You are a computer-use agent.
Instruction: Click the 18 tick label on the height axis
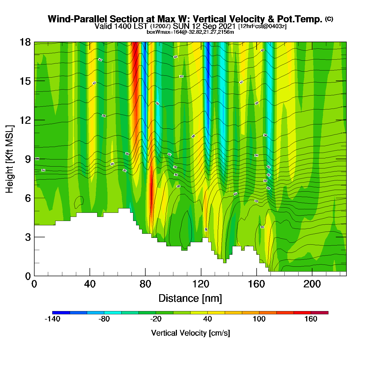click(x=25, y=42)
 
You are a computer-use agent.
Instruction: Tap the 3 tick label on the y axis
click(x=28, y=237)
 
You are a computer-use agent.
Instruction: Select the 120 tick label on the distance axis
click(x=201, y=284)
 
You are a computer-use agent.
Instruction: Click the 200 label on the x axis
click(x=312, y=284)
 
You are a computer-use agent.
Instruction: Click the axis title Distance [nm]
click(x=190, y=298)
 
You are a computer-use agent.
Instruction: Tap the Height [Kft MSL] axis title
click(x=10, y=159)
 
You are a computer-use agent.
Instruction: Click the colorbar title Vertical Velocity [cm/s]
click(x=190, y=333)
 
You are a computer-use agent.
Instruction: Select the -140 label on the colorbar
click(x=52, y=319)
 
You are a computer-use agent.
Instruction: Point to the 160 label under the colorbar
click(x=311, y=319)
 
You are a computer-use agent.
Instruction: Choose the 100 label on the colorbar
click(x=259, y=319)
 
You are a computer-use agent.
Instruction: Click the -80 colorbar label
click(x=104, y=319)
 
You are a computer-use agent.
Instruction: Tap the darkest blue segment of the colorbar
click(x=61, y=312)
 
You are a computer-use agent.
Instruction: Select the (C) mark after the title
click(x=329, y=19)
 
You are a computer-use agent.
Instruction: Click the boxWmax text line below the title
click(x=190, y=32)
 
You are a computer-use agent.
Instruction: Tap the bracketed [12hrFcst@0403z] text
click(x=262, y=26)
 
